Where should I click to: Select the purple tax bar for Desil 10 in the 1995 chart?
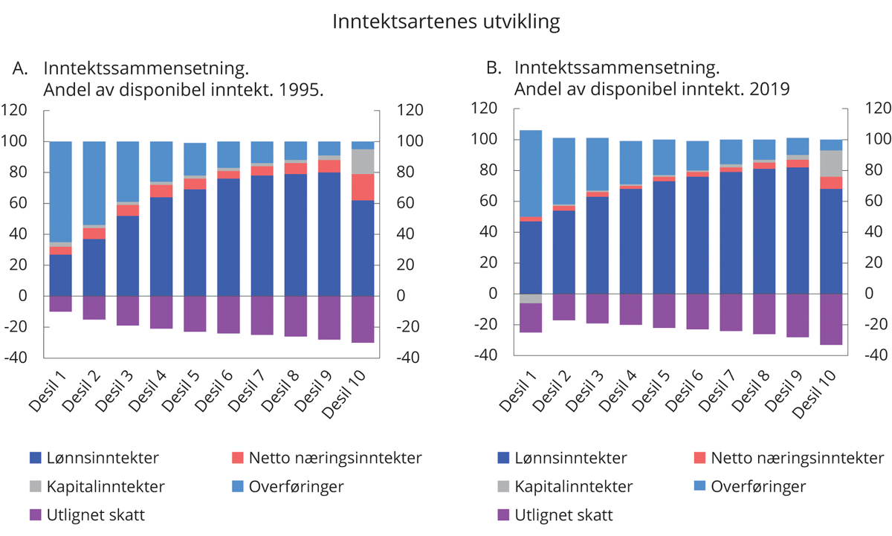point(363,319)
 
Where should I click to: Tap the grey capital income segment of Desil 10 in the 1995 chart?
point(363,161)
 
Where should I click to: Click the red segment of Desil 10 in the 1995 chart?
point(363,187)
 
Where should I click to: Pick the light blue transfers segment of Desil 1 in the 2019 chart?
point(530,173)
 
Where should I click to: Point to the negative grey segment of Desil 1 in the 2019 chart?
point(530,298)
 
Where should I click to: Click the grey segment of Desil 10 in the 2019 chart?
point(831,164)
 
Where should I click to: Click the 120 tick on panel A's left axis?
point(16,110)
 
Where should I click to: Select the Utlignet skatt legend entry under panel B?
point(566,514)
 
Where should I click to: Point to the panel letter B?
point(493,68)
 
